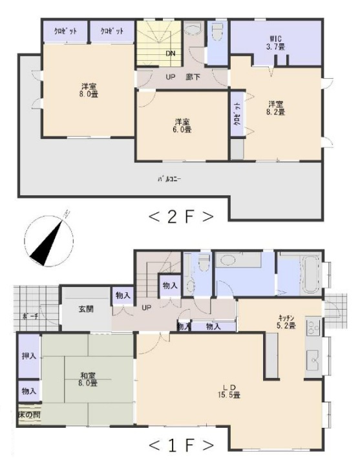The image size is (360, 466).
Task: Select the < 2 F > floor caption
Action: [181, 217]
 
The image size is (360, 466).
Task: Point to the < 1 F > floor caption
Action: [181, 445]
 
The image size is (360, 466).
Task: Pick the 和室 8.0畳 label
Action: [88, 379]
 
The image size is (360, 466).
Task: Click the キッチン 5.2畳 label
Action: [286, 321]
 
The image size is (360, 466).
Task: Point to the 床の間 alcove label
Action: [29, 414]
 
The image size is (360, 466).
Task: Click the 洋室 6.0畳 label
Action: [182, 125]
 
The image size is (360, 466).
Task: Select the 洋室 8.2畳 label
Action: [276, 107]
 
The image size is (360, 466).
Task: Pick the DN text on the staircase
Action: [171, 54]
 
